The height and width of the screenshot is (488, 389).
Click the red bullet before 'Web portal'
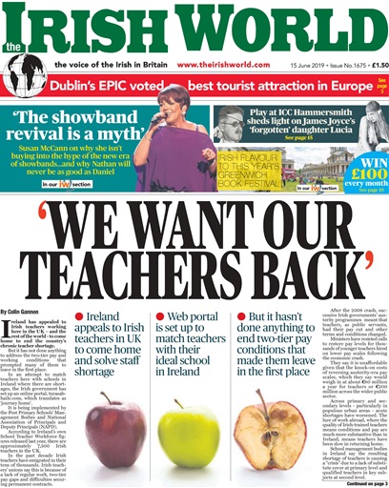tap(160, 289)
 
